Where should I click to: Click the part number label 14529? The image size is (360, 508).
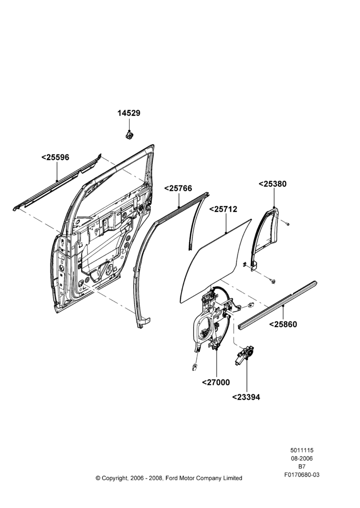pos(129,113)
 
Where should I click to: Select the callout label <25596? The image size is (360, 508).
pos(55,157)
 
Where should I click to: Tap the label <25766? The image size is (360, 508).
pos(178,188)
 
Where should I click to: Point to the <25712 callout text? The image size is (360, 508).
pos(223,209)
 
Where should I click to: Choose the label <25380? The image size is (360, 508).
pos(273,184)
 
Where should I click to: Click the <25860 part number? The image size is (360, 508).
pos(283,324)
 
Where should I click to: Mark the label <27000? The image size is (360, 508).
pos(216,383)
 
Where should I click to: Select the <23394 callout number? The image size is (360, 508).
pos(246,397)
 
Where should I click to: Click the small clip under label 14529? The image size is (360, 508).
pos(129,134)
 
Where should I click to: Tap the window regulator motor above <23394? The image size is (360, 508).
pos(245,355)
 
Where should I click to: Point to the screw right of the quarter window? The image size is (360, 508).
pos(287,223)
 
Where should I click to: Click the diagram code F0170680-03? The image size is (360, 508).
pos(302,475)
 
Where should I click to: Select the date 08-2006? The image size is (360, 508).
pos(302,458)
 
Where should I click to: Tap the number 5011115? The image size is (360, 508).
pos(302,450)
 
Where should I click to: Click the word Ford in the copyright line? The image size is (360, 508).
pos(172,478)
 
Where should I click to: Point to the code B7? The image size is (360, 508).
pos(302,466)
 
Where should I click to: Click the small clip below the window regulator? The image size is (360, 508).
pos(195,367)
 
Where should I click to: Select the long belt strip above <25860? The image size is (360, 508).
pos(277,305)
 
